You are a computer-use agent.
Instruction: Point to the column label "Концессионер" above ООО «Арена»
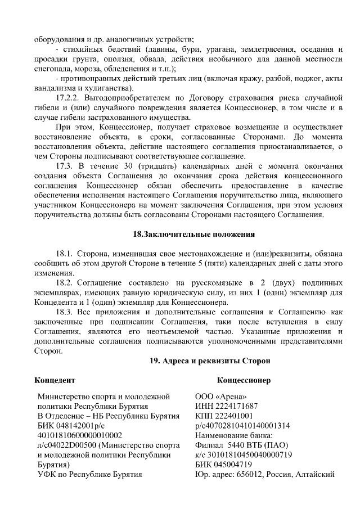click(244, 381)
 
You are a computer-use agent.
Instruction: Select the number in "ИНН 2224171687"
click(236, 406)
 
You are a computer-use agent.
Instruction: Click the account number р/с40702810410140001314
click(242, 426)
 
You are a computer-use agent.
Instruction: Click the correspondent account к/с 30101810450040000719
click(243, 454)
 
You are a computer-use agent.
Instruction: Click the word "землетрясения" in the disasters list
click(269, 49)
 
